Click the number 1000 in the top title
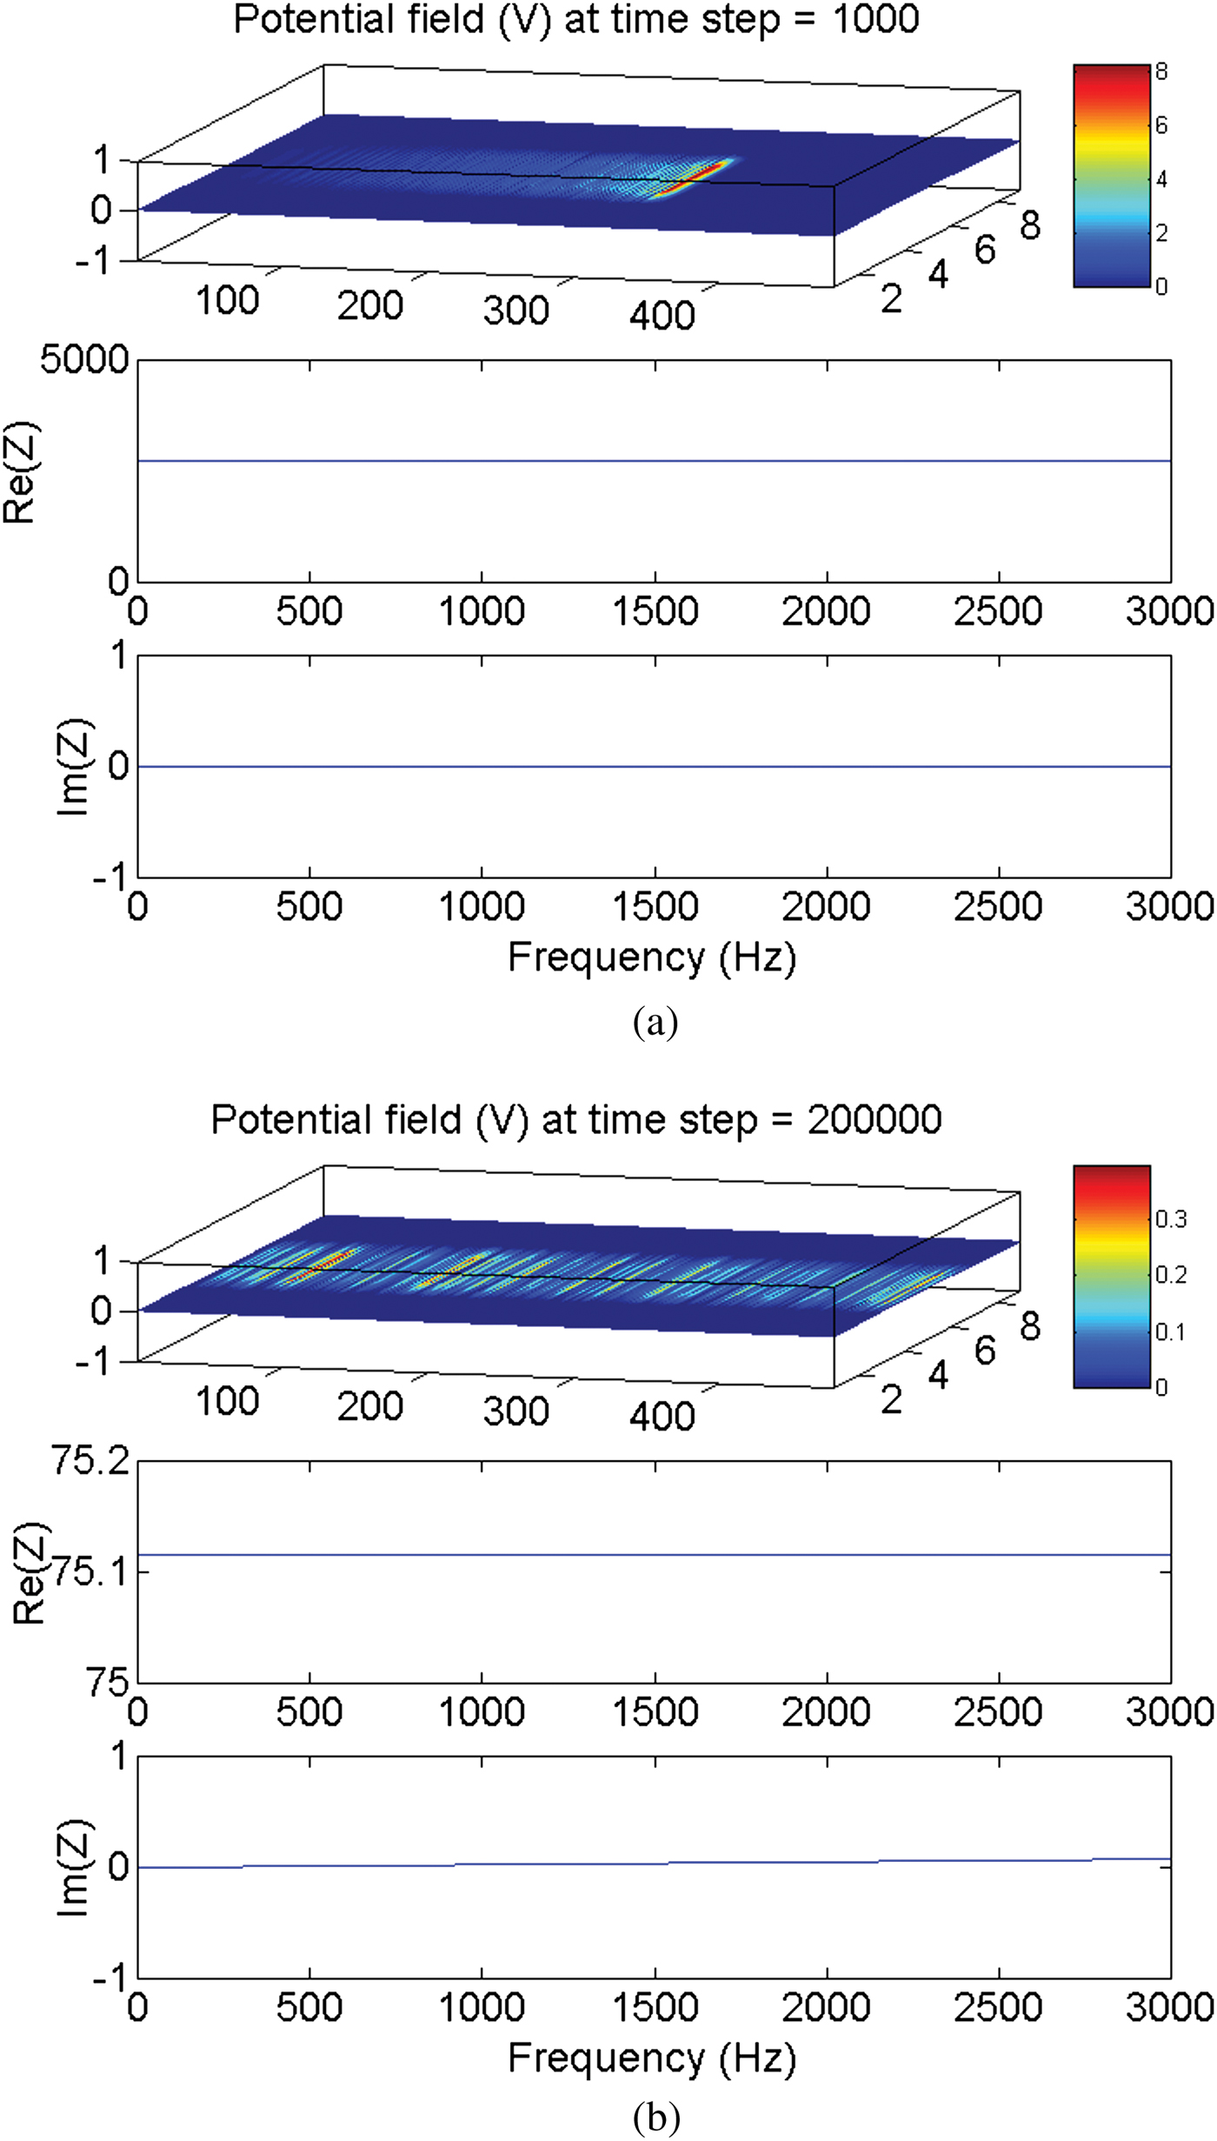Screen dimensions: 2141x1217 click(x=875, y=19)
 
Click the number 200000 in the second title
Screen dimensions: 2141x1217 click(x=874, y=1120)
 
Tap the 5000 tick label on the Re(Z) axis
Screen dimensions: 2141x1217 click(x=84, y=360)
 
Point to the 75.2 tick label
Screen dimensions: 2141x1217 click(x=90, y=1461)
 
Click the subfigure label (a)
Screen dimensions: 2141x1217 click(x=655, y=1023)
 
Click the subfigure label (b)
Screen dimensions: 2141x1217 click(x=656, y=2118)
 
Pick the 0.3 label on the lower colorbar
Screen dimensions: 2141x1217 click(x=1171, y=1219)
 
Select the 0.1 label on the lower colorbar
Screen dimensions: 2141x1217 click(x=1170, y=1331)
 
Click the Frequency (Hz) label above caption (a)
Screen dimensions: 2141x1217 click(x=652, y=958)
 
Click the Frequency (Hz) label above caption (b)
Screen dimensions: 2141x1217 click(x=652, y=2059)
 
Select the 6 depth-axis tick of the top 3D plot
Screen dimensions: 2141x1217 click(x=985, y=250)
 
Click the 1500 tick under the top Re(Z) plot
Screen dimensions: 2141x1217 click(x=655, y=611)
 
